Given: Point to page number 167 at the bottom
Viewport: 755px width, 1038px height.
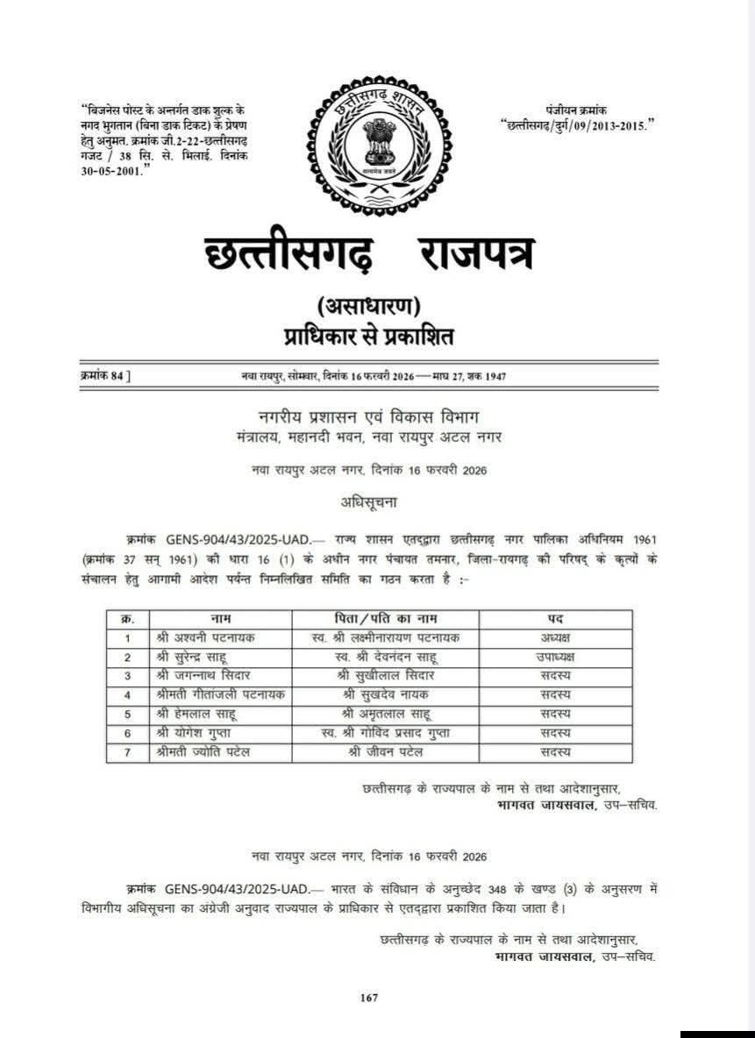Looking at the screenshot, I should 369,997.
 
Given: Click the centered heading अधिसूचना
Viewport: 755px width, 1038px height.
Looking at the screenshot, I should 368,502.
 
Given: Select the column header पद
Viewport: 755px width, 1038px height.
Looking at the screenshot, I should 557,619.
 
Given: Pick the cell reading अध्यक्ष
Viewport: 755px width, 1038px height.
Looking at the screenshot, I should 557,638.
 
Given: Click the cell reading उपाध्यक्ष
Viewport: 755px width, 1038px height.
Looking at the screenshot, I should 557,657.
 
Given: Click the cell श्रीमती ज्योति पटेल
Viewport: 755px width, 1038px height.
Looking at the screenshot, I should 205,751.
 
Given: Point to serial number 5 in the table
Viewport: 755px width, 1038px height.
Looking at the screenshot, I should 128,713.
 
